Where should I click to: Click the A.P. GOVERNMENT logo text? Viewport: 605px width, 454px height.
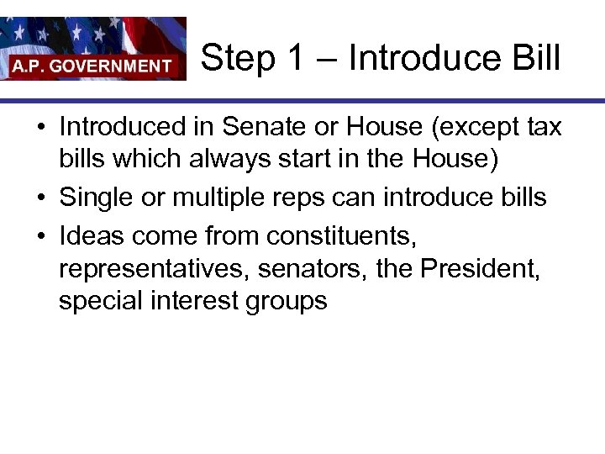pos(92,65)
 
